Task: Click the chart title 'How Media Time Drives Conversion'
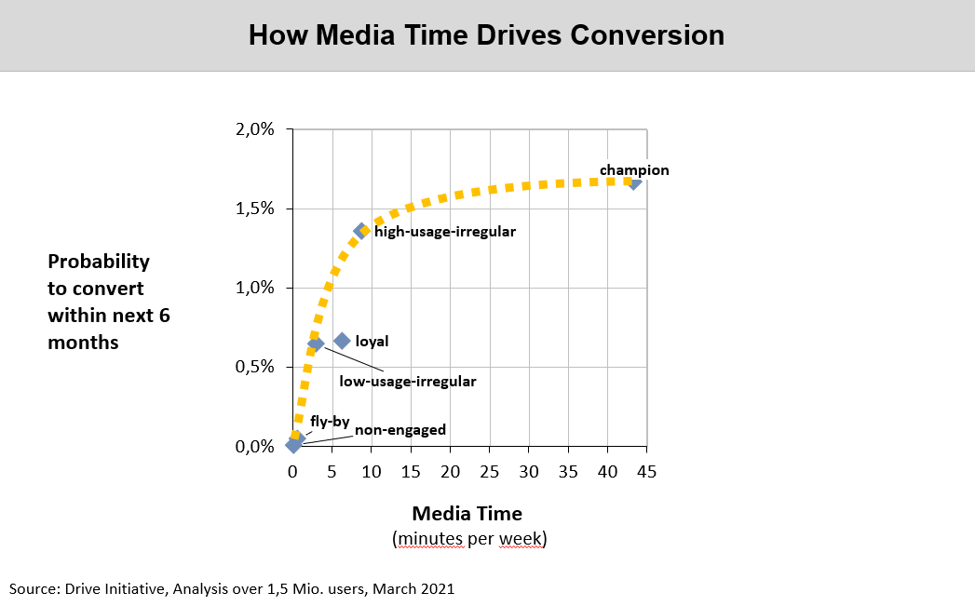pos(486,35)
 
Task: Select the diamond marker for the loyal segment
pos(342,342)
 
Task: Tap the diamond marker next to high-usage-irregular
pos(361,231)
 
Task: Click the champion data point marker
pos(634,182)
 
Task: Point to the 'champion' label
pos(634,170)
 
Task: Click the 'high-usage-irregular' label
pos(445,231)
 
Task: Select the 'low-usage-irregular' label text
pos(408,381)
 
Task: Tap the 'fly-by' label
pos(330,422)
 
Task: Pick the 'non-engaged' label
pos(399,430)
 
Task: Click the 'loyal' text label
pos(372,342)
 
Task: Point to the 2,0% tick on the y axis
pos(254,129)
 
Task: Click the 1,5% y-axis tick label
pos(254,209)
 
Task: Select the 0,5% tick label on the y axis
pos(254,367)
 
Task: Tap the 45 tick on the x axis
pos(646,472)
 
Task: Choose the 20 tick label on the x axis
pos(450,472)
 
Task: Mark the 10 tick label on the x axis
pos(372,472)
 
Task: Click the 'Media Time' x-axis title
pos(467,514)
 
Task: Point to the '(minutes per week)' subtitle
pos(469,539)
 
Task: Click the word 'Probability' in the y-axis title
pos(99,262)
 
